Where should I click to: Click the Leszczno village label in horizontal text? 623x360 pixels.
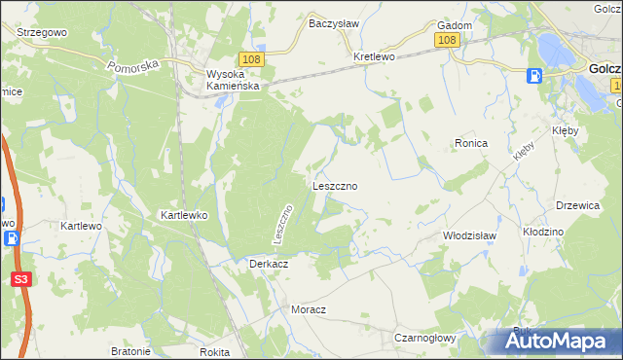click(336, 185)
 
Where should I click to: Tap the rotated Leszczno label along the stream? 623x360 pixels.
click(282, 224)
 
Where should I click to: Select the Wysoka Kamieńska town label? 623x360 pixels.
click(232, 79)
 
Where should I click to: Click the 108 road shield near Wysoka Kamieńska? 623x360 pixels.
click(249, 59)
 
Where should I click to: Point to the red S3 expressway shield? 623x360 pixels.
click(19, 278)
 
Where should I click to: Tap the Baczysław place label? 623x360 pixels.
click(334, 23)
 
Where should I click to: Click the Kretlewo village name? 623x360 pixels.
click(374, 56)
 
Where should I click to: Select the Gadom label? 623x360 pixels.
click(455, 25)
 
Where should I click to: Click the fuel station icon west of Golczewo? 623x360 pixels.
click(534, 75)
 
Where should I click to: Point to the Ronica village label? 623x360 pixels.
click(470, 143)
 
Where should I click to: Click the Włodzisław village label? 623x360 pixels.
click(469, 235)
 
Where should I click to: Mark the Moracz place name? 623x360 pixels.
click(309, 308)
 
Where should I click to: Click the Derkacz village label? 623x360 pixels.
click(268, 264)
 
